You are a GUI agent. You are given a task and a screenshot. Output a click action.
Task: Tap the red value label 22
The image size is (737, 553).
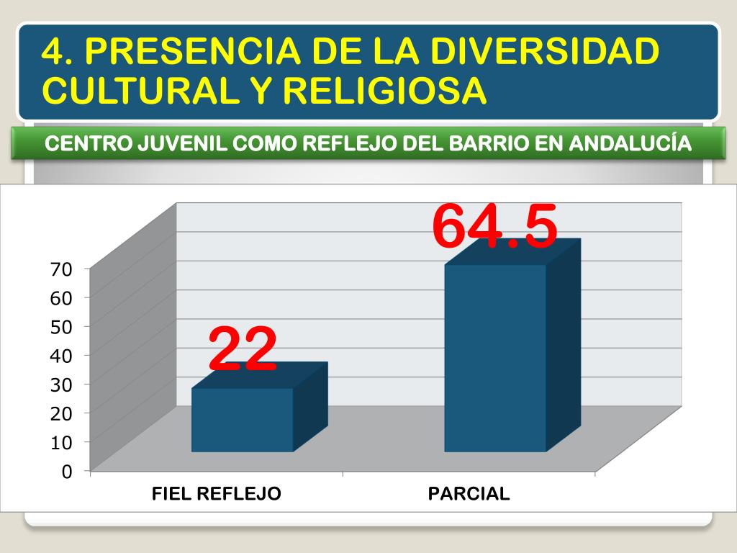(x=243, y=349)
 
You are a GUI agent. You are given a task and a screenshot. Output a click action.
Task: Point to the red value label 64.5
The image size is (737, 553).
(x=495, y=226)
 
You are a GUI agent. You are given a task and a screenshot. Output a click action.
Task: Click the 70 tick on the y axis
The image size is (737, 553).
(x=61, y=269)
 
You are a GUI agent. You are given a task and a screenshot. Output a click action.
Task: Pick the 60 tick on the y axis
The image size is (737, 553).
(x=61, y=298)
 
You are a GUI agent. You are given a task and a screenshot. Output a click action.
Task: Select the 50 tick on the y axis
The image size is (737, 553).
(x=61, y=327)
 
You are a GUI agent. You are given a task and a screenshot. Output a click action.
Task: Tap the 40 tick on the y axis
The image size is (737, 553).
(x=61, y=356)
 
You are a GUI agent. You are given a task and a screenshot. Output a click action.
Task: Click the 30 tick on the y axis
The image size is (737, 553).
(x=61, y=385)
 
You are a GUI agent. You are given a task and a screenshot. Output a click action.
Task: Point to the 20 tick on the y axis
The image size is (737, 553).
(x=61, y=413)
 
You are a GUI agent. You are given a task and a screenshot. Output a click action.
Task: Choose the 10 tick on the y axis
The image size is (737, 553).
(x=61, y=442)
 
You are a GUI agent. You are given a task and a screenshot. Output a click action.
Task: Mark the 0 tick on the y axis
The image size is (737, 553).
(x=67, y=472)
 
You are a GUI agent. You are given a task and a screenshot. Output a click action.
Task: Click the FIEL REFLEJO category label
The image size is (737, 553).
(x=216, y=494)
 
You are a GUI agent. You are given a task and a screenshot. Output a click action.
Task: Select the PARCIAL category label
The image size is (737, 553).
(x=469, y=494)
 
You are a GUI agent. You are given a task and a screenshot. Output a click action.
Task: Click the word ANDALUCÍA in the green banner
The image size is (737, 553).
(x=630, y=143)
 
